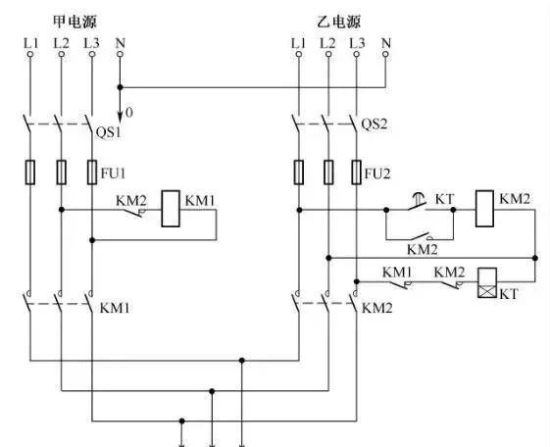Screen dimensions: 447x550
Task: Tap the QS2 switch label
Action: pyautogui.click(x=375, y=124)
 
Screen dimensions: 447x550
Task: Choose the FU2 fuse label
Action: pyautogui.click(x=377, y=174)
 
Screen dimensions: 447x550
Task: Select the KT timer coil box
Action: pyautogui.click(x=483, y=283)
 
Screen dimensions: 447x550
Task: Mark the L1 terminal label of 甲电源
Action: pyautogui.click(x=30, y=43)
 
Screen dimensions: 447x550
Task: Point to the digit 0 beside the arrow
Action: pyautogui.click(x=128, y=114)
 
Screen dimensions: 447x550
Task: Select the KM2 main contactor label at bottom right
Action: pyautogui.click(x=377, y=308)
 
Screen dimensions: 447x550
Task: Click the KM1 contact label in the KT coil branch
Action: pyautogui.click(x=397, y=272)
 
